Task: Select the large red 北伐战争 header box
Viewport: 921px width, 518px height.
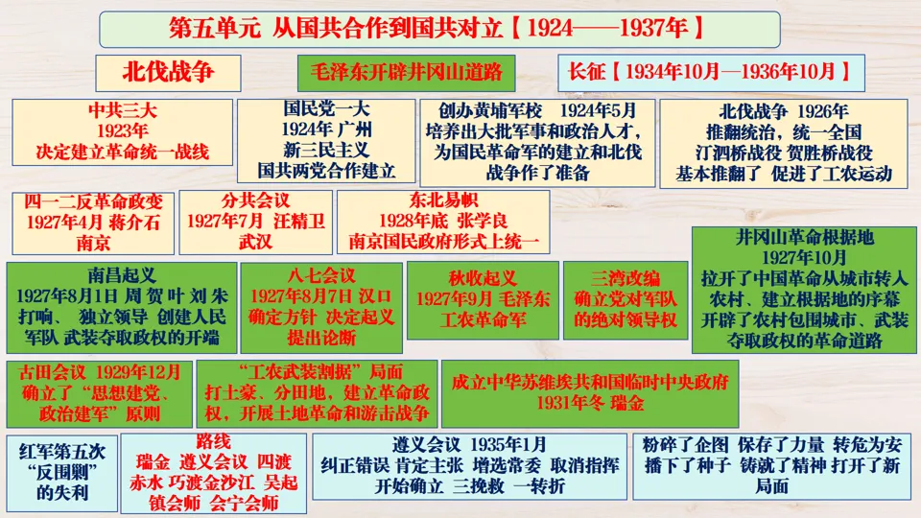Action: (168, 72)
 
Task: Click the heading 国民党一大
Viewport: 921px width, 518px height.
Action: (326, 109)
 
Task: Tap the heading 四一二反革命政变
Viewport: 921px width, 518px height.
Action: (93, 200)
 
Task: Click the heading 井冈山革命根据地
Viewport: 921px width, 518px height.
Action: (804, 237)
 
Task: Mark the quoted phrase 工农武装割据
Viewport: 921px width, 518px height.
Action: (313, 370)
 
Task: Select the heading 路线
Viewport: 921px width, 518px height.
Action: (213, 442)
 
